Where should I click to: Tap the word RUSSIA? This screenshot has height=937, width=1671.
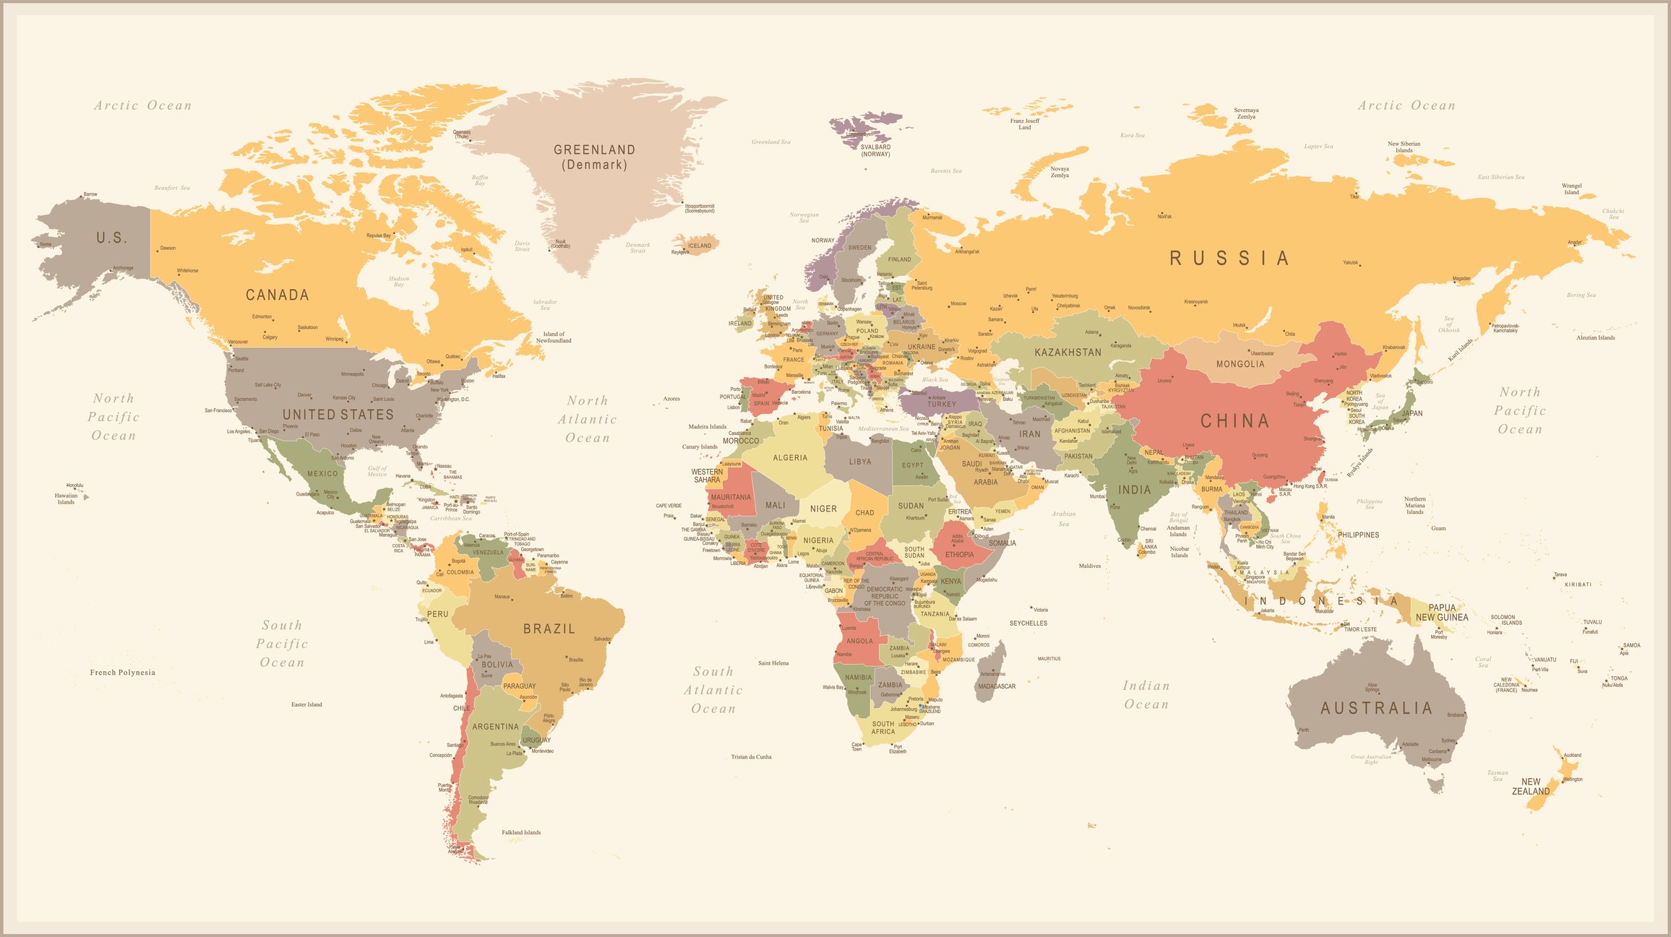coord(1229,259)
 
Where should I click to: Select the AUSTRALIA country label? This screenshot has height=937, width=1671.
coord(1376,708)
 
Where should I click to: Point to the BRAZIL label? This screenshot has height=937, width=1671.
coord(549,629)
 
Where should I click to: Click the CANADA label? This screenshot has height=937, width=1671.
coord(278,295)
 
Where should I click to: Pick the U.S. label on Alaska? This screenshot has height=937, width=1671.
coord(112,238)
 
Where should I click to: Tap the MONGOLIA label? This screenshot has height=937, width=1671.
coord(1240,364)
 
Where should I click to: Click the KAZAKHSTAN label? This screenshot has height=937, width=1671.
coord(1068,353)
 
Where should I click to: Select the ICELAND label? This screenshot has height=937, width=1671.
coord(700,246)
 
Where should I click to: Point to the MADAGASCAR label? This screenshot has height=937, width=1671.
coord(996,686)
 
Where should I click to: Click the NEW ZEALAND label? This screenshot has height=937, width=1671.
coord(1530,787)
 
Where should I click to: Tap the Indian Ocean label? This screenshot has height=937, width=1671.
coord(1146,694)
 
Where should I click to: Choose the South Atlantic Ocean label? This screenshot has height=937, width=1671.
coord(713,690)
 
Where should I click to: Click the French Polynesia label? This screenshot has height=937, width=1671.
coord(122,673)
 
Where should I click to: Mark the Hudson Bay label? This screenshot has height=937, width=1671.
coord(399,281)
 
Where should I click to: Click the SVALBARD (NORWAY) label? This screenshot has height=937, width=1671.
coord(875,150)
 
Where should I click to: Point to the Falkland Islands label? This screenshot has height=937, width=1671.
coord(521,832)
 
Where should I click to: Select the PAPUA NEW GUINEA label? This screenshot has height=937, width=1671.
coord(1442,612)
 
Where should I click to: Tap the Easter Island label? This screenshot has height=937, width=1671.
coord(306,704)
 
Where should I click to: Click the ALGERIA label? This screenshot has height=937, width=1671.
coord(790,458)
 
